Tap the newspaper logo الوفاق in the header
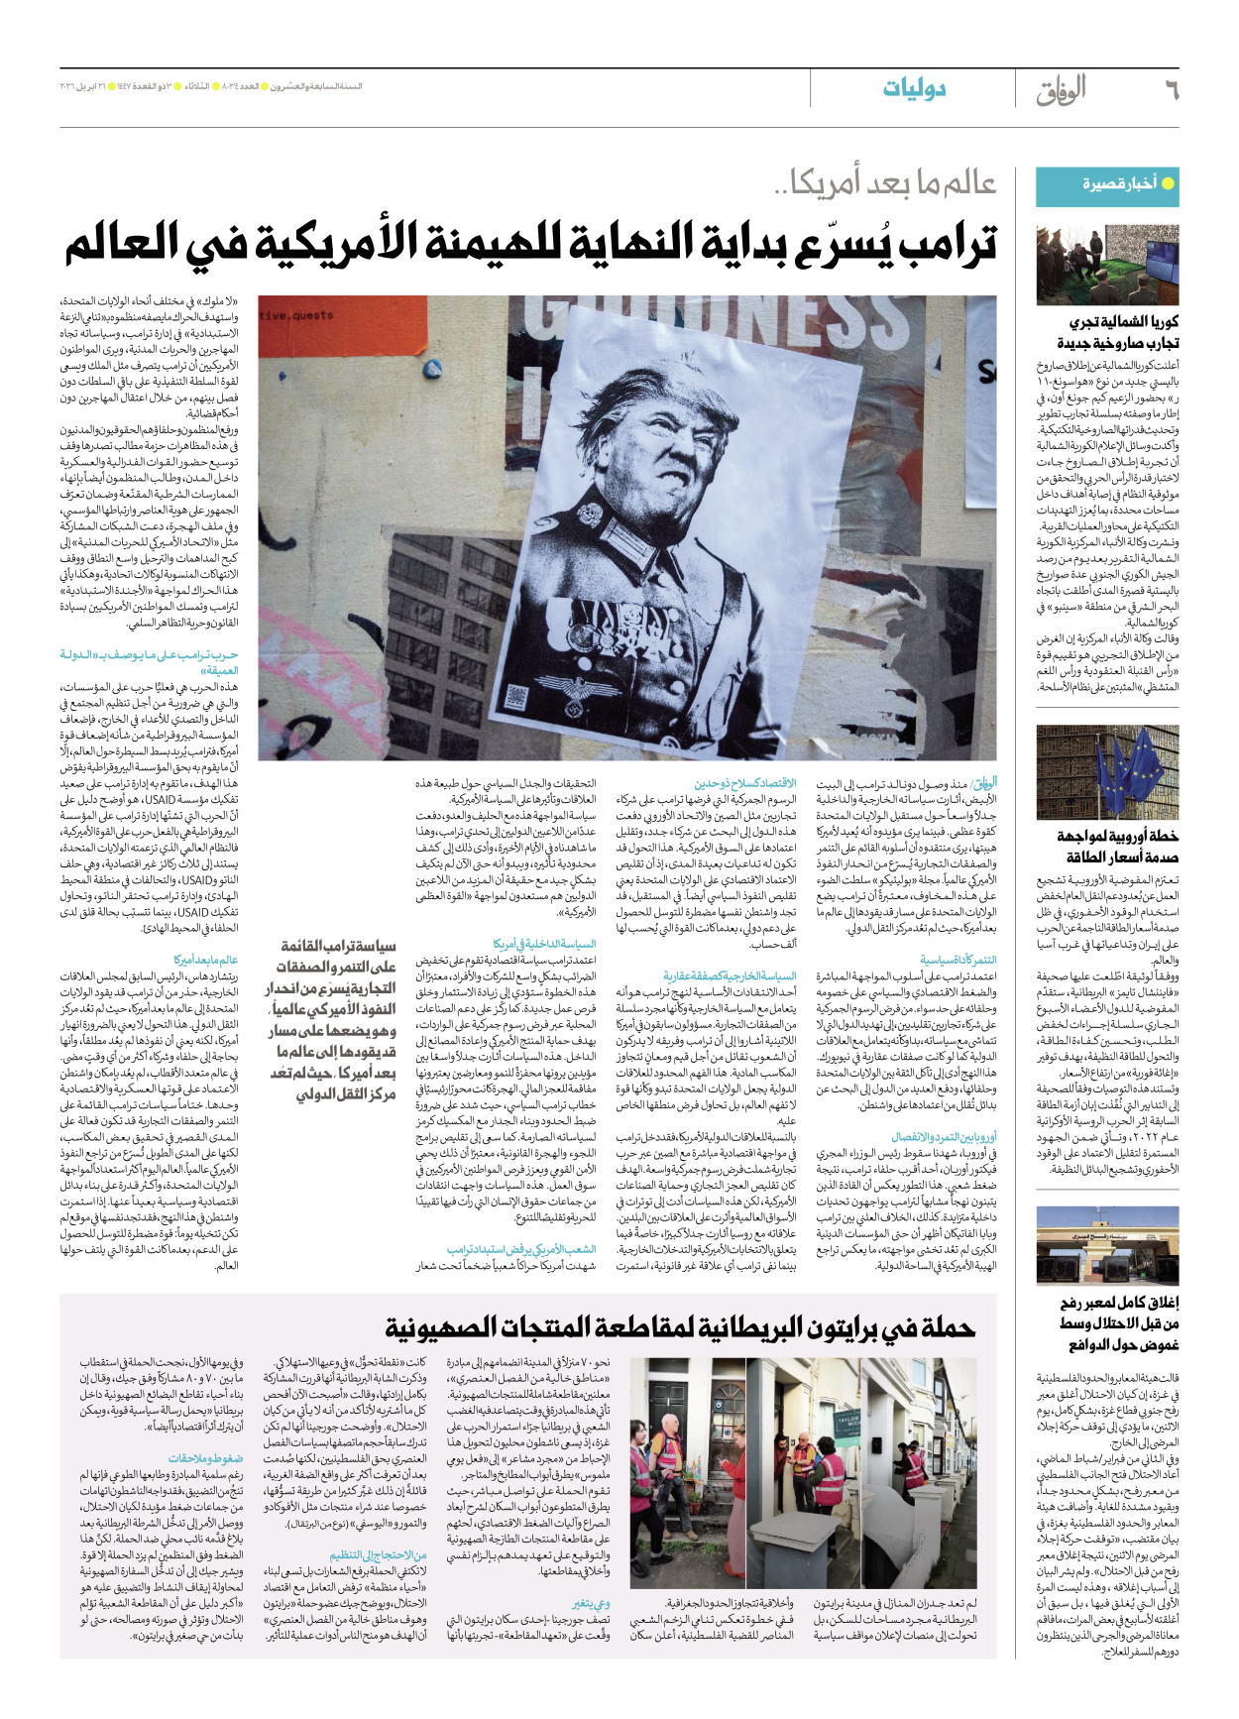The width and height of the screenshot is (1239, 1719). (1062, 90)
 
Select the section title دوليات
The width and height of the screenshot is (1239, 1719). (914, 89)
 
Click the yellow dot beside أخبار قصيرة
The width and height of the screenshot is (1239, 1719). (1168, 183)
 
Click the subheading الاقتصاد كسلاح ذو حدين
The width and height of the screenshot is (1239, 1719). (745, 784)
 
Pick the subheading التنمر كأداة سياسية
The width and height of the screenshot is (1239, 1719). (957, 961)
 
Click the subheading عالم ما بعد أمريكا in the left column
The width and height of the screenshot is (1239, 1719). (205, 960)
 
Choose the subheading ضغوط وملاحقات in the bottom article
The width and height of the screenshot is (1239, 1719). (206, 1458)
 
